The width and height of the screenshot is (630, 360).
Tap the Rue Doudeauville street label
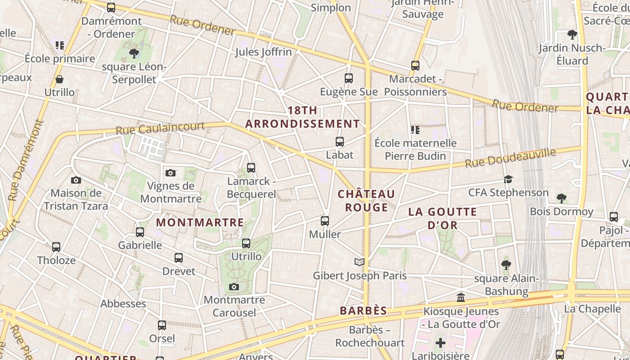pyautogui.click(x=510, y=158)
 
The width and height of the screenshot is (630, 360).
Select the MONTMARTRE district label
pyautogui.click(x=200, y=222)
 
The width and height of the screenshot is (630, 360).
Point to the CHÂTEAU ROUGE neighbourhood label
pyautogui.click(x=366, y=201)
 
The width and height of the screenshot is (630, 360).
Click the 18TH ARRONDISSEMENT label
pyautogui.click(x=302, y=117)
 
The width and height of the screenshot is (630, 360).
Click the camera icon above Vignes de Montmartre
pyautogui.click(x=171, y=173)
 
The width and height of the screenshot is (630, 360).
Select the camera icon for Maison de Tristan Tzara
pyautogui.click(x=76, y=180)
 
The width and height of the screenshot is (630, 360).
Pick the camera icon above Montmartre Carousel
pyautogui.click(x=234, y=287)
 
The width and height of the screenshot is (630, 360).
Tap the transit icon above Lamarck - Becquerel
pyautogui.click(x=251, y=168)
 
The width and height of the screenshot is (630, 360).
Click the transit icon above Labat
pyautogui.click(x=340, y=142)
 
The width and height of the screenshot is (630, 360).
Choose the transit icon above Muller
pyautogui.click(x=325, y=221)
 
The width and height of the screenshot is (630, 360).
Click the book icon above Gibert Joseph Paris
pyautogui.click(x=359, y=262)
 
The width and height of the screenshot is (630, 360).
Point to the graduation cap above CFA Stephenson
pyautogui.click(x=508, y=179)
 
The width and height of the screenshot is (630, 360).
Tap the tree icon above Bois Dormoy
pyautogui.click(x=561, y=198)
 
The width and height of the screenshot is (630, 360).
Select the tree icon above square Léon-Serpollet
pyautogui.click(x=134, y=54)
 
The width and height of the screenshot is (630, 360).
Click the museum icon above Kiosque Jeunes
pyautogui.click(x=461, y=298)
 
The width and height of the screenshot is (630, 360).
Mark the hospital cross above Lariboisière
pyautogui.click(x=441, y=343)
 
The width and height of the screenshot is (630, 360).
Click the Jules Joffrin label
pyautogui.click(x=263, y=52)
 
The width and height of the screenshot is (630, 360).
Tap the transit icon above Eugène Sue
pyautogui.click(x=349, y=78)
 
